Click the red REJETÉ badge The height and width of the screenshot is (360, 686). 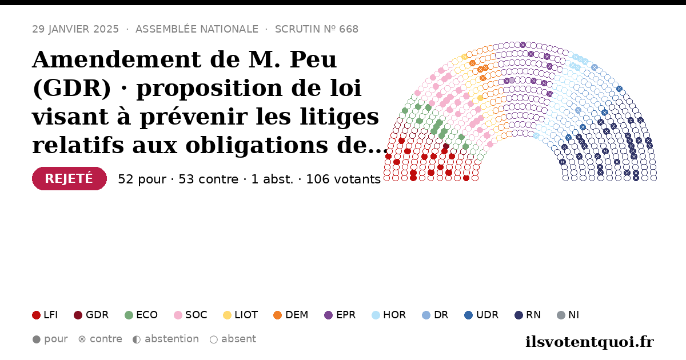point(69,178)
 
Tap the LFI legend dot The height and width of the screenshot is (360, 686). point(36,315)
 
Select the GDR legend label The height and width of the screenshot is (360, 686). point(97,315)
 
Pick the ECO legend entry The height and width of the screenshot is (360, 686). point(141,315)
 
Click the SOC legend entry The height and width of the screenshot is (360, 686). point(190,315)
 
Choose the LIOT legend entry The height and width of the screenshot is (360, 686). point(241,315)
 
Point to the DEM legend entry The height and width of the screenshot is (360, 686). point(290,315)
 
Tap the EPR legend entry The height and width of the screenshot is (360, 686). point(340,315)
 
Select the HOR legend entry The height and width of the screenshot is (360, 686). point(389,315)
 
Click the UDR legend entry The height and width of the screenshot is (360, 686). point(481,315)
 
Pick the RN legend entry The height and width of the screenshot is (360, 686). point(528,315)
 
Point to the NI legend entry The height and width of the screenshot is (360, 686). point(568,315)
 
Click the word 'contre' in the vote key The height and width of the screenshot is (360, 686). point(106,339)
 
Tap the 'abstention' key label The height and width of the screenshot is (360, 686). point(172,339)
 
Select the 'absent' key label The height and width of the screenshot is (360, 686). point(238,339)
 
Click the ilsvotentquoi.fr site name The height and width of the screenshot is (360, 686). point(589,342)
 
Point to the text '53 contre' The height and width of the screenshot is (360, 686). point(208,179)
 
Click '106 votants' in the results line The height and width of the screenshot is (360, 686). point(344,179)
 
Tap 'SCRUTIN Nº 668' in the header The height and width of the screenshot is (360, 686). point(317,29)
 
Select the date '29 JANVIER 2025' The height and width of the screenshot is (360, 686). point(75,29)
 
